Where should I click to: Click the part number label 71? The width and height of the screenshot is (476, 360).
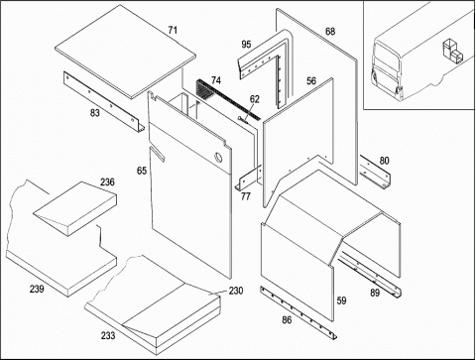pyautogui.click(x=173, y=30)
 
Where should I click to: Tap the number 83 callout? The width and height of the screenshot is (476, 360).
pyautogui.click(x=95, y=113)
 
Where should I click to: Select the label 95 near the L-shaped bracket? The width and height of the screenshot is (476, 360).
pyautogui.click(x=246, y=44)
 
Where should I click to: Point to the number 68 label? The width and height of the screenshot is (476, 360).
pyautogui.click(x=330, y=32)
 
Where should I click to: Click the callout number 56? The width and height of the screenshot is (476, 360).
pyautogui.click(x=311, y=80)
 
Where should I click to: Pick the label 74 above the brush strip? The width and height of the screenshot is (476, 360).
pyautogui.click(x=216, y=80)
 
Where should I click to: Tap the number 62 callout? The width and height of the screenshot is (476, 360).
pyautogui.click(x=255, y=99)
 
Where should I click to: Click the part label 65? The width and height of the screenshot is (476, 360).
pyautogui.click(x=142, y=171)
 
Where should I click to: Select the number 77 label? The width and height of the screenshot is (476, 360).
pyautogui.click(x=245, y=196)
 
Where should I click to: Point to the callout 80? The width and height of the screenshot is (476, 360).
pyautogui.click(x=384, y=161)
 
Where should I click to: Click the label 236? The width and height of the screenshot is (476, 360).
pyautogui.click(x=107, y=181)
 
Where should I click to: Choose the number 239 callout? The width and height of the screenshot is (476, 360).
pyautogui.click(x=37, y=289)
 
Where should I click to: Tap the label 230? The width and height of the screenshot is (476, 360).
pyautogui.click(x=236, y=291)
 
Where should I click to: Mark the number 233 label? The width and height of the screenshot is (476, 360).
pyautogui.click(x=108, y=335)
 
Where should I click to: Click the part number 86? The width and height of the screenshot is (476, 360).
pyautogui.click(x=287, y=319)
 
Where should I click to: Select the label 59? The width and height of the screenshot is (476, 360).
pyautogui.click(x=341, y=300)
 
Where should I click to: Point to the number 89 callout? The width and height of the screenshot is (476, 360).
pyautogui.click(x=375, y=293)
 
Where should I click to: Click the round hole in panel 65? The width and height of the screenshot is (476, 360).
pyautogui.click(x=218, y=158)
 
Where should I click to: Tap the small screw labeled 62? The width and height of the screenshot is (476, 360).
pyautogui.click(x=243, y=120)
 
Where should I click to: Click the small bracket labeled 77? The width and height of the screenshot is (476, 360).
pyautogui.click(x=249, y=179)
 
